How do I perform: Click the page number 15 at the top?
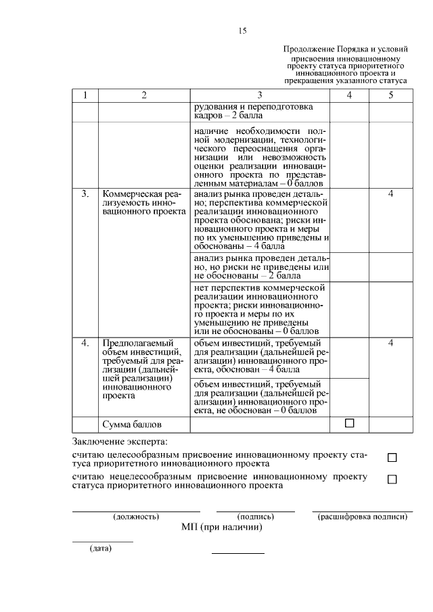point(243,32)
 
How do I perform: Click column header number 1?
point(85,96)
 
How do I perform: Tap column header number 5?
point(391,96)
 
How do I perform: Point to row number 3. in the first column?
point(85,194)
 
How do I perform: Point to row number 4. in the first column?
point(85,344)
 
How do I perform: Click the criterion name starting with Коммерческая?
point(143,203)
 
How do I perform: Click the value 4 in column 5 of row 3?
point(391,194)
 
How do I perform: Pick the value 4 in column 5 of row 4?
point(391,344)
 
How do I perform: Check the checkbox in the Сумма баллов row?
point(350,423)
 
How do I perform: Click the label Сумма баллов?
point(132,425)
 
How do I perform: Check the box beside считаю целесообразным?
point(392,458)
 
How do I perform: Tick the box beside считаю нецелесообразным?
point(392,479)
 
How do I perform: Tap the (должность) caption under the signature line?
point(136,517)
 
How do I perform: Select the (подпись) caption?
point(255,517)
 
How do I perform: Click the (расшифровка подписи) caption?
point(362,517)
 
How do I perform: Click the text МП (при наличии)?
point(221,527)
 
